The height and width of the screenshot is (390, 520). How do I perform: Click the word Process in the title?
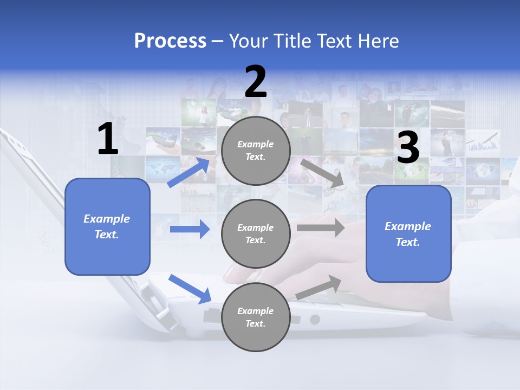(170, 41)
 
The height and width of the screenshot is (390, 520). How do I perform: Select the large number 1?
(108, 139)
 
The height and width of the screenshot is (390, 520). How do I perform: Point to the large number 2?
(256, 82)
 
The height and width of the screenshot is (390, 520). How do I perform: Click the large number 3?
(408, 148)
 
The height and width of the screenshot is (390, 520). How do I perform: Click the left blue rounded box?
(107, 226)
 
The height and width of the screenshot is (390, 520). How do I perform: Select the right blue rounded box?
(408, 234)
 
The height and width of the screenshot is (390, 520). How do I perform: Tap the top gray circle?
(256, 151)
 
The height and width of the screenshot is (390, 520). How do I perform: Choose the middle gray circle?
(256, 234)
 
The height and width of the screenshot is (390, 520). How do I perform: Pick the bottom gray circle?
(256, 317)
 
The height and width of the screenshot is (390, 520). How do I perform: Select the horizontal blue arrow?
(190, 229)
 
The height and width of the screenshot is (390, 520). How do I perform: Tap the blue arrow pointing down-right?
(190, 289)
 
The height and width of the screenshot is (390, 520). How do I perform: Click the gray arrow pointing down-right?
(322, 173)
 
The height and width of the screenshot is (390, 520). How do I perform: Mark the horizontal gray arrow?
(321, 227)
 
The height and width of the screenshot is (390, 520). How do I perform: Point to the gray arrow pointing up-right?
(319, 287)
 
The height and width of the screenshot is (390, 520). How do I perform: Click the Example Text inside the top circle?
(256, 151)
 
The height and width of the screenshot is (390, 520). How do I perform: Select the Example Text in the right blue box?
(408, 234)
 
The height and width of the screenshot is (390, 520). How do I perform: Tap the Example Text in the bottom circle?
(256, 317)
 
